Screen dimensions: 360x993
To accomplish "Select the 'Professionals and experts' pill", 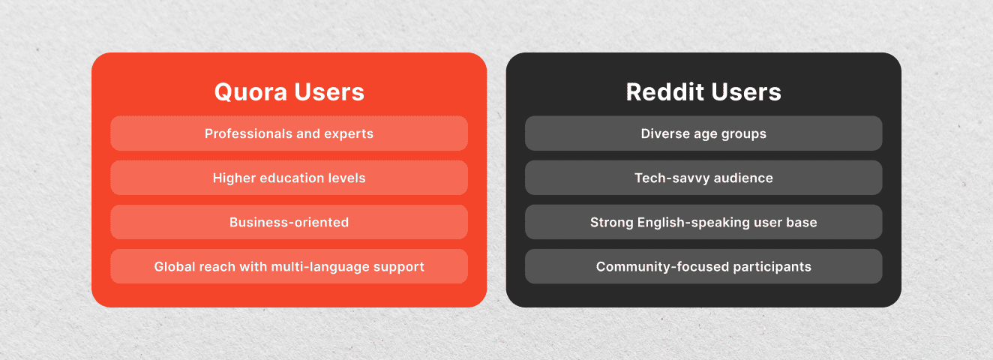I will point(289,133).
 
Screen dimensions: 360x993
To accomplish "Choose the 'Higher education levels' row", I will point(289,178).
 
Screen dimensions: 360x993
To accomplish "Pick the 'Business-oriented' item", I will point(289,222).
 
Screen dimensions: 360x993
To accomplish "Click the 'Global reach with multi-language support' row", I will point(289,266).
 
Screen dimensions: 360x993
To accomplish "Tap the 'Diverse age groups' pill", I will point(703,133).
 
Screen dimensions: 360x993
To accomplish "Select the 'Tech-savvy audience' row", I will point(703,178).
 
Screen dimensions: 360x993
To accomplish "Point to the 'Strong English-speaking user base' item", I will point(703,222).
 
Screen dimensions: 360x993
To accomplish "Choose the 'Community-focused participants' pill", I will point(703,266).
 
